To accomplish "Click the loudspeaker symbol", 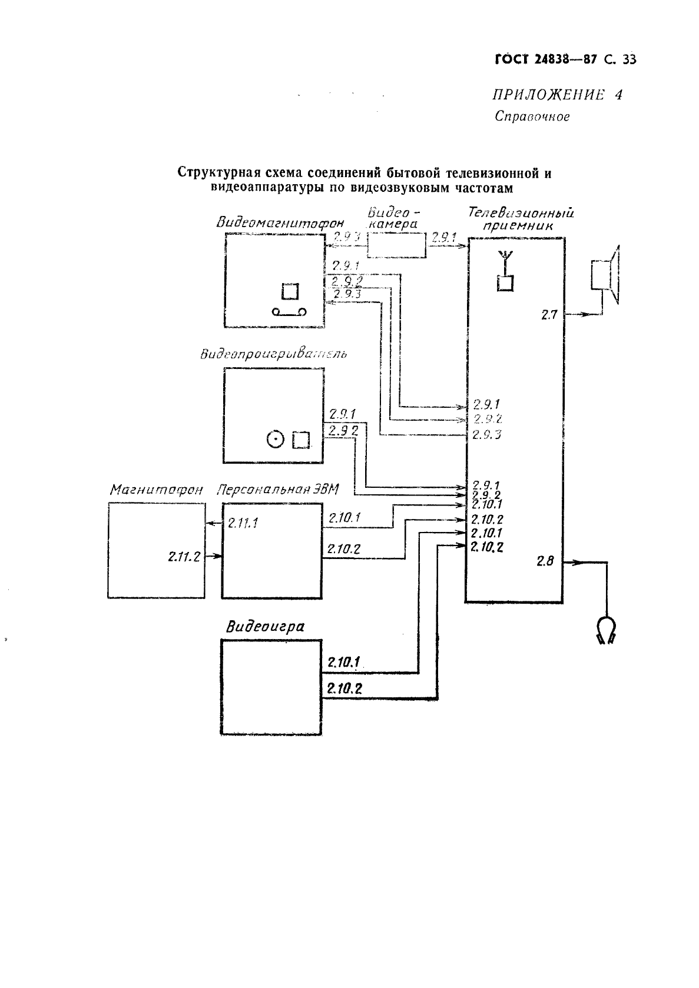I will [605, 275].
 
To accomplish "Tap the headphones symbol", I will [605, 630].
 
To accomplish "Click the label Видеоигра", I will [265, 626].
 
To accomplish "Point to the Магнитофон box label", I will [156, 490].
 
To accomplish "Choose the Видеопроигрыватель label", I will [273, 354].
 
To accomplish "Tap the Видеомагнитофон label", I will [280, 224].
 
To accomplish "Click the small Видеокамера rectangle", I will [397, 245].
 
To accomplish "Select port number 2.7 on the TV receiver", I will [549, 315].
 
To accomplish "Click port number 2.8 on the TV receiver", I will [545, 561].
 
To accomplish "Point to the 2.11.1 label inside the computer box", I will [243, 523].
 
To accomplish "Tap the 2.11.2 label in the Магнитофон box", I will [184, 556].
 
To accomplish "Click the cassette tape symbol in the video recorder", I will [289, 312].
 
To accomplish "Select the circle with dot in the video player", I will [276, 439].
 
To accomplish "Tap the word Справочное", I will [532, 117].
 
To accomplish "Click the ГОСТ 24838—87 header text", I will [538, 59].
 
